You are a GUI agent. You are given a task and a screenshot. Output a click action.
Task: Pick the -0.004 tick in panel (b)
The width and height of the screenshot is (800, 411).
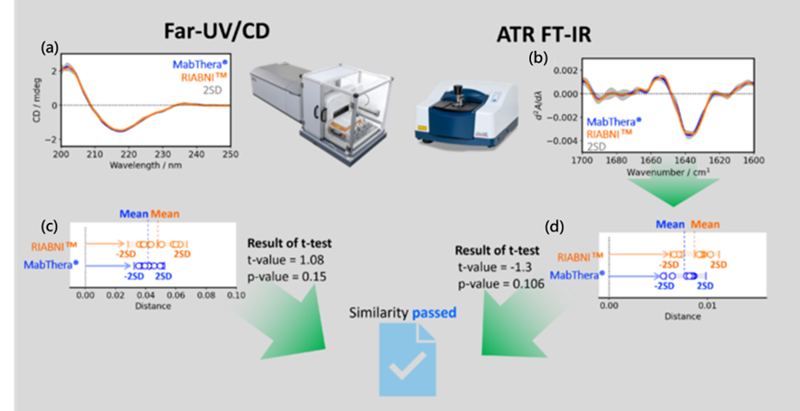(566, 141)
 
